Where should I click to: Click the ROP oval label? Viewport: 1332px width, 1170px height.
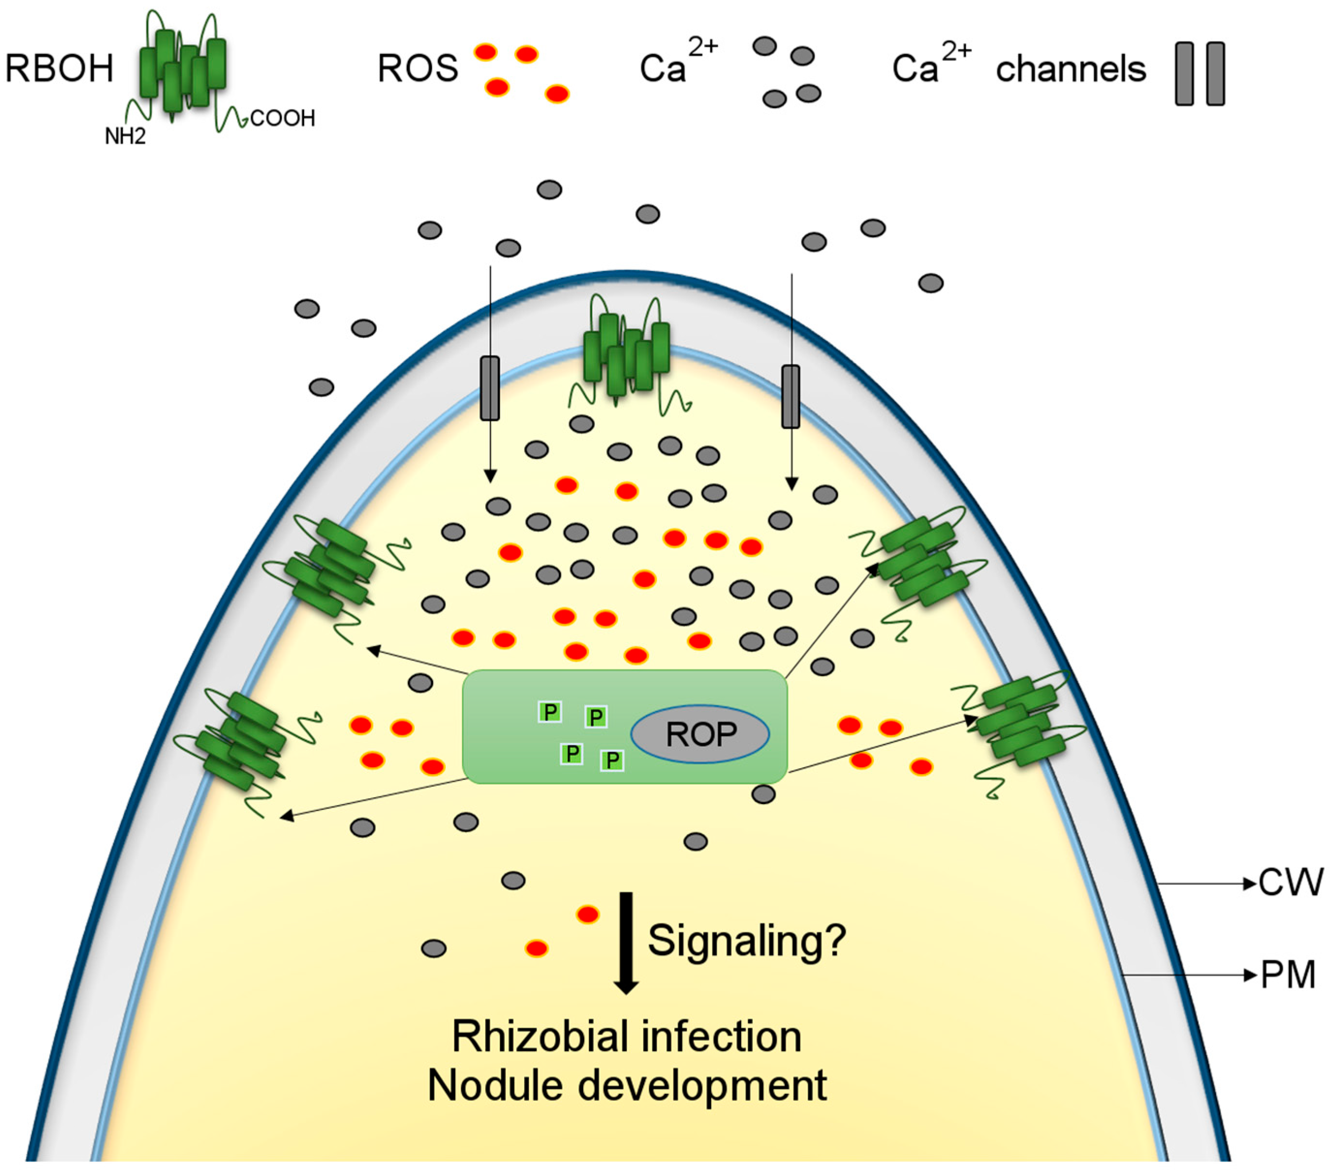(x=700, y=734)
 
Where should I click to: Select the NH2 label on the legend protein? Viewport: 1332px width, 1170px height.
(x=125, y=136)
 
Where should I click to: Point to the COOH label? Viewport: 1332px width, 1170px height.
(x=283, y=119)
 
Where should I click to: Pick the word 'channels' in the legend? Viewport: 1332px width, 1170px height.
(x=1070, y=69)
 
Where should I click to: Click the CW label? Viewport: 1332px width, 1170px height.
(x=1290, y=883)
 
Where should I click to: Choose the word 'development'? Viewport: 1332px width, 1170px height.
(x=702, y=1087)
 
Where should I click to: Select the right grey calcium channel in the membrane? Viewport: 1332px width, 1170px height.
(x=790, y=396)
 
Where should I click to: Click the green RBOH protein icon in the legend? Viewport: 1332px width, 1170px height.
(x=183, y=73)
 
